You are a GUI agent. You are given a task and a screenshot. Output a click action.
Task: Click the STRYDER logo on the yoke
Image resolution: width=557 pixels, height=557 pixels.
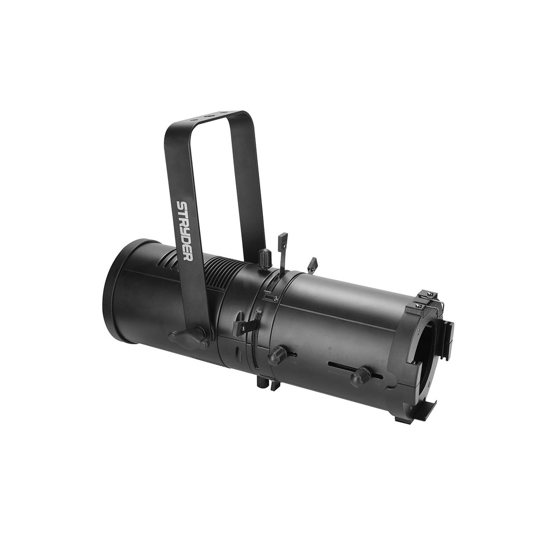pyautogui.click(x=185, y=231)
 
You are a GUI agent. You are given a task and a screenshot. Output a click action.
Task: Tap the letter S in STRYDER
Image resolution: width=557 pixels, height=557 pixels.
pyautogui.click(x=181, y=206)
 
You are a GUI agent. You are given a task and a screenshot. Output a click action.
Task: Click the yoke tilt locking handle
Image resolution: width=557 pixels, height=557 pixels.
pyautogui.click(x=189, y=338)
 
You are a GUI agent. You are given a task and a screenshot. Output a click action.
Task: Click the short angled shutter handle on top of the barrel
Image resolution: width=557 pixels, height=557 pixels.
pyautogui.click(x=312, y=265)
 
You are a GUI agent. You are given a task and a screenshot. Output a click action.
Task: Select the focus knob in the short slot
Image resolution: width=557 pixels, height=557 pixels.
pyautogui.click(x=277, y=355)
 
